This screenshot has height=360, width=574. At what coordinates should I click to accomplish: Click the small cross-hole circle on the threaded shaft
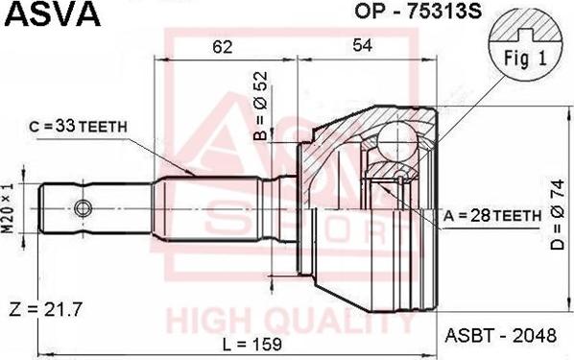click(84, 207)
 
